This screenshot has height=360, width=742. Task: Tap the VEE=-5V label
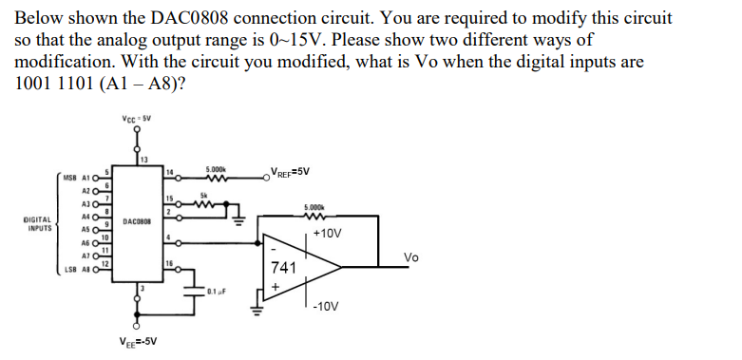pyautogui.click(x=138, y=342)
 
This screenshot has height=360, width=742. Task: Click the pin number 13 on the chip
pyautogui.click(x=144, y=159)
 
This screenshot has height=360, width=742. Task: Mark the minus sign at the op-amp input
pyautogui.click(x=275, y=248)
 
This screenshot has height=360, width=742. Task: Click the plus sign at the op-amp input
pyautogui.click(x=276, y=285)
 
